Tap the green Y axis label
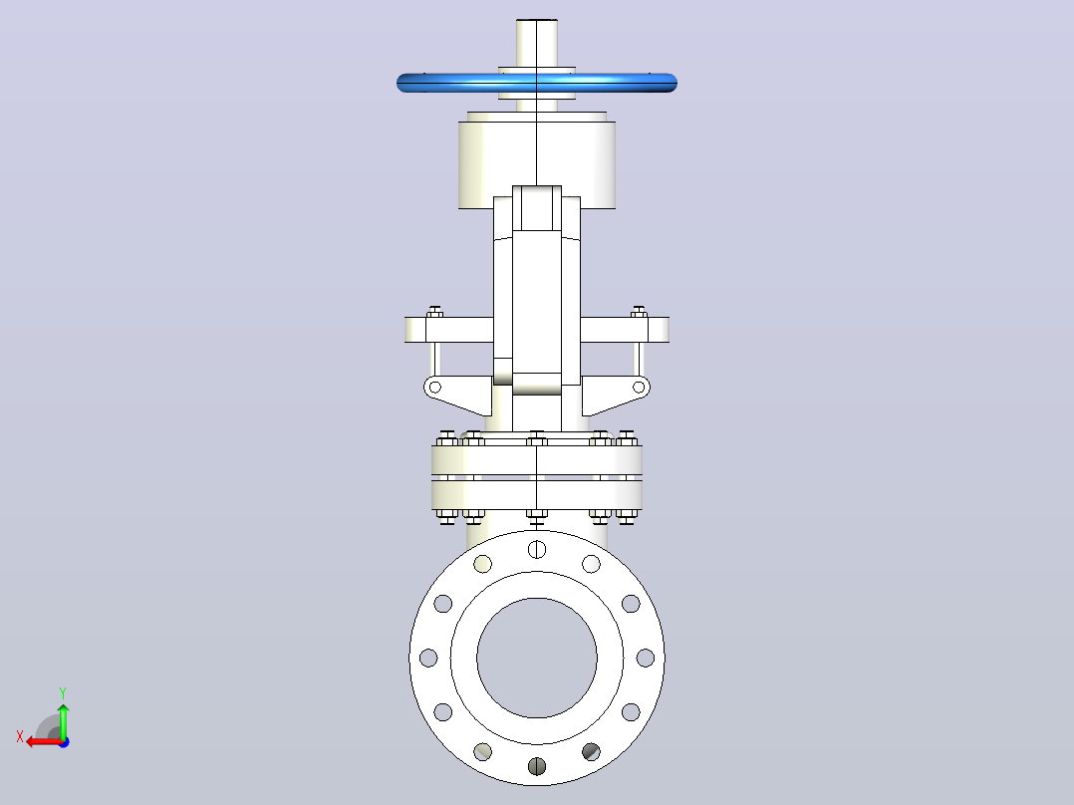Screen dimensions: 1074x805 pyautogui.click(x=63, y=692)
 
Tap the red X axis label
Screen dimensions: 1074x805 pyautogui.click(x=20, y=736)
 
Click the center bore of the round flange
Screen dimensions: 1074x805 pyautogui.click(x=537, y=658)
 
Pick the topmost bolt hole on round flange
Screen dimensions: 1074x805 pyautogui.click(x=537, y=549)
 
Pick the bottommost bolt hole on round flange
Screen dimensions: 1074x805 pyautogui.click(x=537, y=766)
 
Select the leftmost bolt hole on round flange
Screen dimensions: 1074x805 pyautogui.click(x=428, y=658)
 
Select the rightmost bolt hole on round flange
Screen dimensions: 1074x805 pyautogui.click(x=646, y=658)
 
